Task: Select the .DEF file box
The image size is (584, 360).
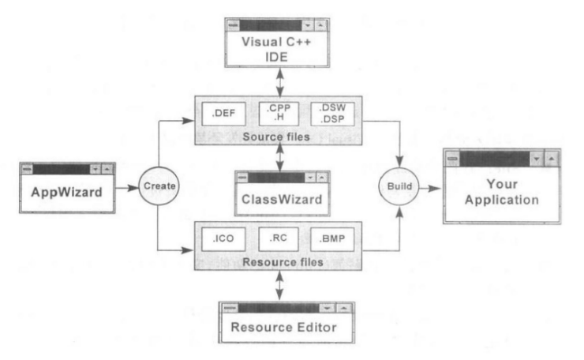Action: (x=223, y=114)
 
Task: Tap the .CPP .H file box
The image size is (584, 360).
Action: (x=279, y=114)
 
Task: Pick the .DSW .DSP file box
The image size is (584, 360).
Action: (x=332, y=114)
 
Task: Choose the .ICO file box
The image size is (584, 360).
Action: (x=223, y=239)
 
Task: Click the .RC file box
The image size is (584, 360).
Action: (x=279, y=239)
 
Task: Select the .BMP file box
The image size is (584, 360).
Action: (x=332, y=239)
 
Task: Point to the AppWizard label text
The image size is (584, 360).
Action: (x=66, y=193)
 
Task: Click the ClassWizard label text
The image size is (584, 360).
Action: (x=282, y=200)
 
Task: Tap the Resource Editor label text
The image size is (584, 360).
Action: (x=284, y=327)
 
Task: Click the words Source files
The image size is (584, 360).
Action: (x=276, y=137)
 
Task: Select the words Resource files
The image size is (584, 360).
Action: (x=283, y=262)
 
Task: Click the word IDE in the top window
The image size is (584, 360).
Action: (x=276, y=57)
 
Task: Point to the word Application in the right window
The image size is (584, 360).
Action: (x=502, y=200)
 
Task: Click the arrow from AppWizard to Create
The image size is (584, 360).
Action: (x=127, y=188)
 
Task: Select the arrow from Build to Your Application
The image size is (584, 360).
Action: (x=431, y=189)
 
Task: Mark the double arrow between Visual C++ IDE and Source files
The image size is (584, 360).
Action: (x=280, y=82)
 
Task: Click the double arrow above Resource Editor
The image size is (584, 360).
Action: (x=279, y=286)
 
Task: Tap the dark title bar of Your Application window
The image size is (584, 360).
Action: (x=495, y=159)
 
